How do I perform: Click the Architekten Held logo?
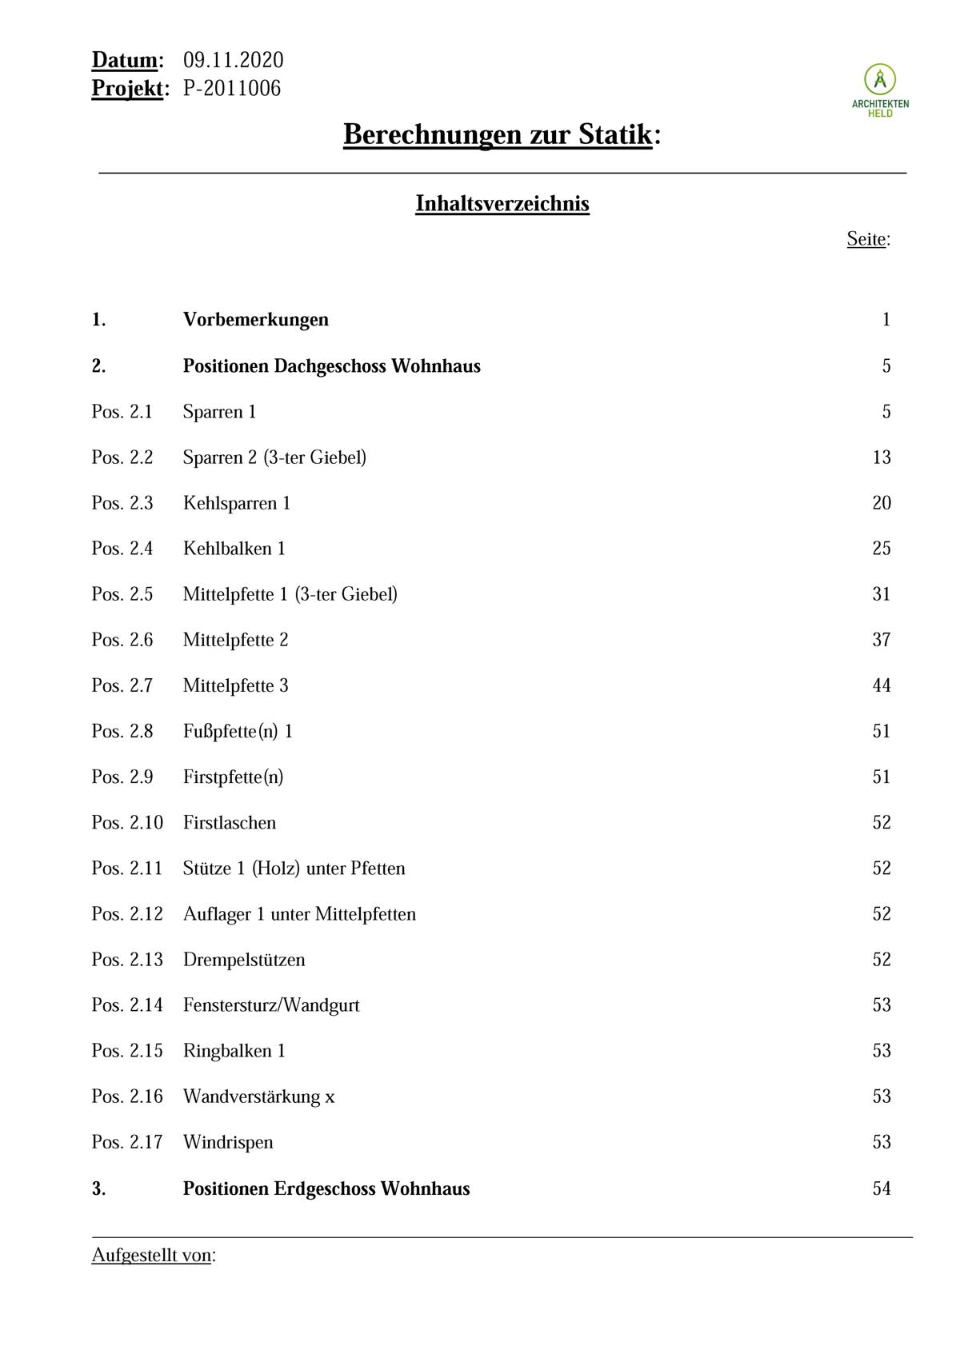click(x=880, y=90)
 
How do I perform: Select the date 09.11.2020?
click(x=233, y=61)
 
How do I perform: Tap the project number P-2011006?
click(x=232, y=88)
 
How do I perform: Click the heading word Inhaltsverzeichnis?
click(x=502, y=203)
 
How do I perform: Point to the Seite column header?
click(x=867, y=239)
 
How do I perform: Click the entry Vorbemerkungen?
click(x=256, y=320)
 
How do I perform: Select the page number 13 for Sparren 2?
click(x=882, y=457)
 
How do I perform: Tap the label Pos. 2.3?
click(x=122, y=503)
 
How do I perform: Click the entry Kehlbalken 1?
click(x=234, y=549)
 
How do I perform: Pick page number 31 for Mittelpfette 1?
click(x=882, y=594)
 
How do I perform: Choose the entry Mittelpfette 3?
click(x=236, y=685)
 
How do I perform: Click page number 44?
click(x=882, y=685)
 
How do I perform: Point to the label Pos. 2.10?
click(x=127, y=823)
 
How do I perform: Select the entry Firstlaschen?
click(x=230, y=823)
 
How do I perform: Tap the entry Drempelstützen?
click(x=244, y=960)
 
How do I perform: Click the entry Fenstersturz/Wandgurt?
click(x=271, y=1005)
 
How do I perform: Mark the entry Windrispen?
click(x=228, y=1142)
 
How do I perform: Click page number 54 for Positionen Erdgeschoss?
click(x=882, y=1188)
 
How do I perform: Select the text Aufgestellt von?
click(x=152, y=1255)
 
